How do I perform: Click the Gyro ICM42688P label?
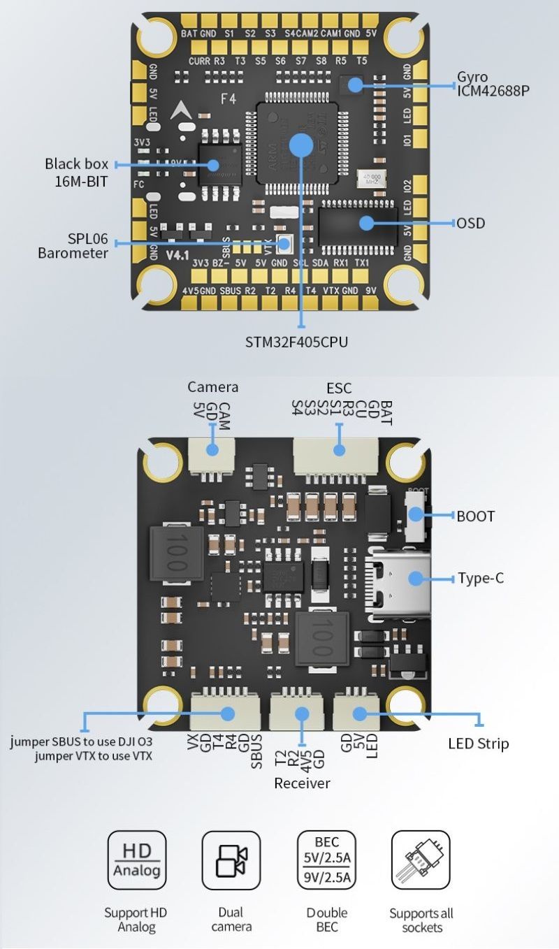(x=488, y=83)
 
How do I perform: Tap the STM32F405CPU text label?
(x=296, y=342)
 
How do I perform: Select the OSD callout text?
(x=470, y=223)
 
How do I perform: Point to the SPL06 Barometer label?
(x=73, y=245)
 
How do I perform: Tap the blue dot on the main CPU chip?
(x=301, y=145)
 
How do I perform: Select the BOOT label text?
(x=475, y=516)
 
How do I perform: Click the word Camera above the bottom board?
(x=213, y=386)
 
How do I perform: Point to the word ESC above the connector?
(x=339, y=388)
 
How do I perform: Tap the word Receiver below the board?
(x=302, y=783)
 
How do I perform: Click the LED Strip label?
(x=478, y=743)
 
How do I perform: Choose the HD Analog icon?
(x=137, y=860)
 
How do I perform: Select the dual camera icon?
(x=231, y=860)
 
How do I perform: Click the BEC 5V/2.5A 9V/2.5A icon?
(x=326, y=860)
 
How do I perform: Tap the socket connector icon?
(x=421, y=860)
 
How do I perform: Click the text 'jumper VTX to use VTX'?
(x=94, y=755)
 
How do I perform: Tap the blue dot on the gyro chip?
(x=356, y=85)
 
